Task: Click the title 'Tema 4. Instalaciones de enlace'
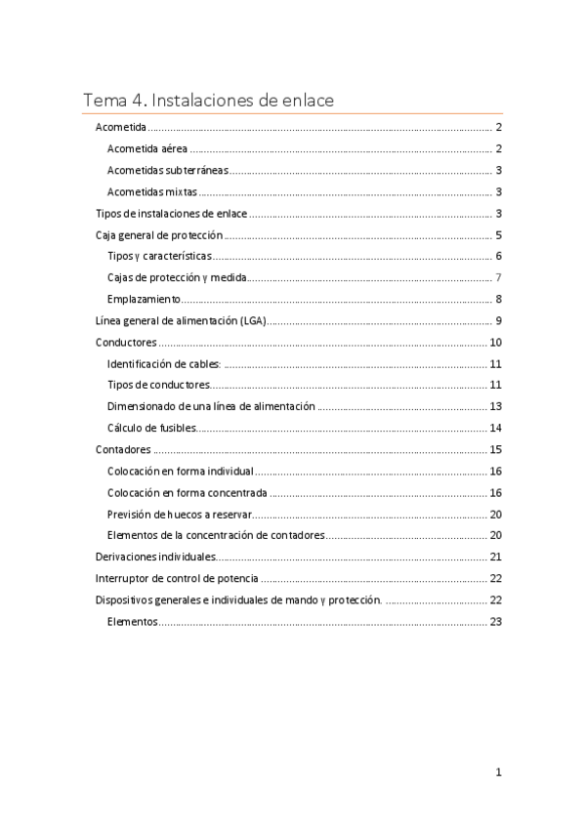point(209,100)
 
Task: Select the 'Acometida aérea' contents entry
point(147,149)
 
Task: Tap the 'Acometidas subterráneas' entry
point(168,171)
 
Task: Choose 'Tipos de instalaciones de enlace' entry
point(171,214)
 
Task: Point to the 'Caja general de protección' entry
point(159,235)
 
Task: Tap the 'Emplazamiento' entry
point(141,299)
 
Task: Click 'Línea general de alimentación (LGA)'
point(181,321)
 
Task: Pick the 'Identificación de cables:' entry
point(164,363)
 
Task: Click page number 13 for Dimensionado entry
point(495,406)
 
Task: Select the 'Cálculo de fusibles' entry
point(152,428)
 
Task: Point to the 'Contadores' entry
point(123,449)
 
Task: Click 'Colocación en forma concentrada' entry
point(188,492)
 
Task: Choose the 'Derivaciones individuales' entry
point(154,557)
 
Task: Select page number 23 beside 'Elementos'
point(495,621)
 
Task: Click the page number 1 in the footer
point(498,772)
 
